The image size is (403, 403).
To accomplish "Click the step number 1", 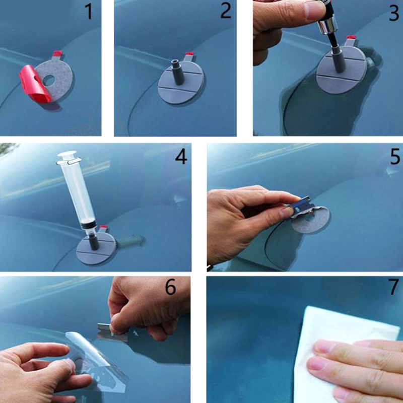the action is click(89, 12).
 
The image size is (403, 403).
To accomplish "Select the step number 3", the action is click(394, 13).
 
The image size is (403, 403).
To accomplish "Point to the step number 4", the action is click(181, 157).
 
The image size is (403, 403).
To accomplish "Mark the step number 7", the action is click(394, 287).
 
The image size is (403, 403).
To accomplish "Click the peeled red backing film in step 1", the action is click(34, 84).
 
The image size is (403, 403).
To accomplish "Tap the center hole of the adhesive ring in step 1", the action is click(48, 81).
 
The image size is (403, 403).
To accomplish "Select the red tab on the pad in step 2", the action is click(189, 54).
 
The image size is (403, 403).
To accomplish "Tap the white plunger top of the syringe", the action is click(67, 154).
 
